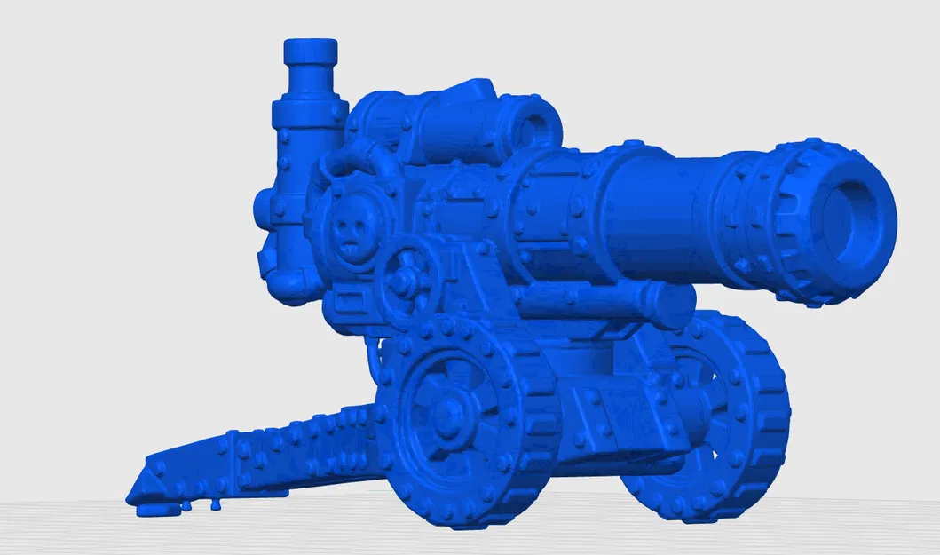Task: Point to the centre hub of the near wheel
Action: click(x=445, y=412)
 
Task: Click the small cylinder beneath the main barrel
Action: click(x=604, y=303)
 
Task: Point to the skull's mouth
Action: click(x=352, y=248)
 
